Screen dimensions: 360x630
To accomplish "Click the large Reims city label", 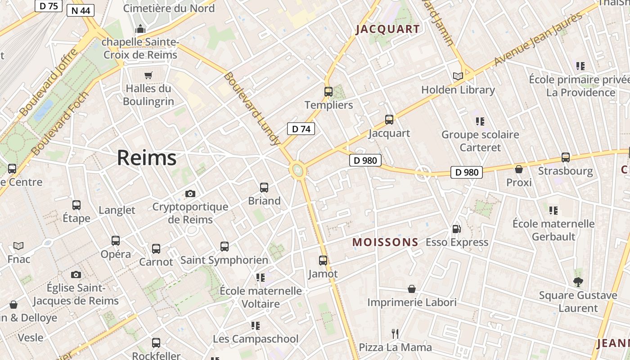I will pos(147,158).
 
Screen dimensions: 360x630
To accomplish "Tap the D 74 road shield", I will pos(301,129).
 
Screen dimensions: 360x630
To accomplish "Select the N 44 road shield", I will pos(81,10).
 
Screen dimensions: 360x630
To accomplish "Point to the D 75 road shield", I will pos(48,6).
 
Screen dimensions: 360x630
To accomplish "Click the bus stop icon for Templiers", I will pos(328,92).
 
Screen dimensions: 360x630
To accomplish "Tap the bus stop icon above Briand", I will pos(264,187).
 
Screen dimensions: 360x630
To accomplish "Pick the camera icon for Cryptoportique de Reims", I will pos(190,193).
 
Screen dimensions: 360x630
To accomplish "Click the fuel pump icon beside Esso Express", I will pos(456,229).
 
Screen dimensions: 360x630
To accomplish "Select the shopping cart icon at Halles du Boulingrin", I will pos(148,75).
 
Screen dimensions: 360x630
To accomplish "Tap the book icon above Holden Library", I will pos(458,76).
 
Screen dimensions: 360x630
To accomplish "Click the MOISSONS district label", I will pos(385,242).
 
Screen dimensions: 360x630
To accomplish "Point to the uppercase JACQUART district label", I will pos(388,29).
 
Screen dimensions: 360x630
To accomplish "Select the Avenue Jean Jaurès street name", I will pos(538,39).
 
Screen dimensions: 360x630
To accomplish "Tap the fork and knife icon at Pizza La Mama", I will pos(395,333).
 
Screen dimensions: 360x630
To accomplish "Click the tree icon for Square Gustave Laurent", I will pos(578,282).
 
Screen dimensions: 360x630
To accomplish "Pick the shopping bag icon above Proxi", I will pos(519,169).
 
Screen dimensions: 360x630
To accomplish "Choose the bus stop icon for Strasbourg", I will pos(566,157).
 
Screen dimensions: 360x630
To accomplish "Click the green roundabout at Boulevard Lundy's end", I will pos(297,170).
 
